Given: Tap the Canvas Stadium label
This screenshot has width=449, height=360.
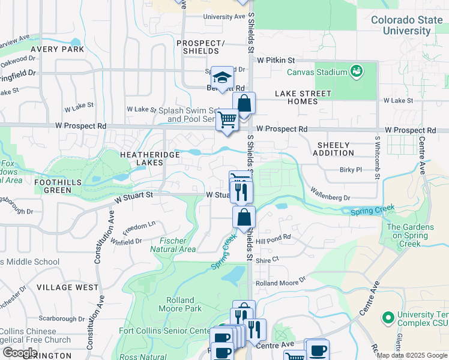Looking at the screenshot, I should coord(317,72).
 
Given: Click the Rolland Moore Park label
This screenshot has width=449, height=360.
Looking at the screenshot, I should coord(180,304).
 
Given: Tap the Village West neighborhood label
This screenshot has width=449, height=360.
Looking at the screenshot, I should coord(67,287).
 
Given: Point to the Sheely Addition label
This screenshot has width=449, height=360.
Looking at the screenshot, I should coord(333,149).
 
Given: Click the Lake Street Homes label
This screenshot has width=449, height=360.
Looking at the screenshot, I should coord(303,97).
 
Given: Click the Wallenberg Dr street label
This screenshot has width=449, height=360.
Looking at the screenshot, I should coord(330,193).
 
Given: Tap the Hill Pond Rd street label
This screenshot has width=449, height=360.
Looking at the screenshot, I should coord(273,237).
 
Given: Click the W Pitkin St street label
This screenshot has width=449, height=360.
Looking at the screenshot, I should coord(276,61).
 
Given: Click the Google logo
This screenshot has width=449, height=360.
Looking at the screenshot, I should coord(20,352).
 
